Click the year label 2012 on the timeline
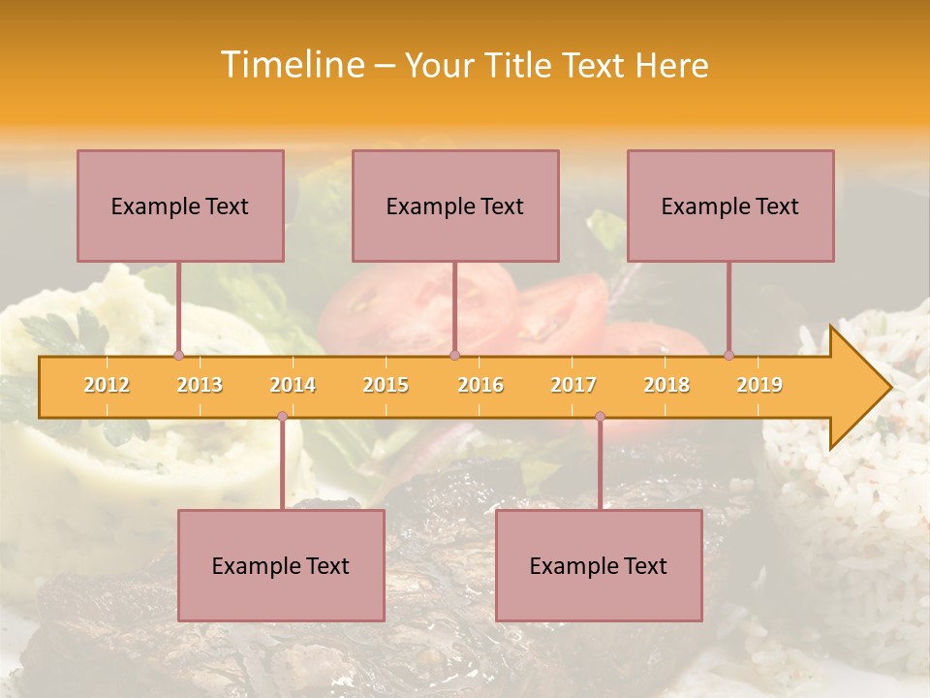click(107, 385)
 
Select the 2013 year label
click(200, 385)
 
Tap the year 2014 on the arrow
click(293, 385)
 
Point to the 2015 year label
click(386, 385)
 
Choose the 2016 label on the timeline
click(480, 385)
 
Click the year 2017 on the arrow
click(573, 385)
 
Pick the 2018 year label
click(666, 385)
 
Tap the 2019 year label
click(759, 385)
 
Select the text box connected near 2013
click(180, 206)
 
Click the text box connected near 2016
click(455, 206)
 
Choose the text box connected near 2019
click(730, 206)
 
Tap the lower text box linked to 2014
click(281, 565)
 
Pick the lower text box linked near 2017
click(599, 565)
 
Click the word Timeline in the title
click(292, 65)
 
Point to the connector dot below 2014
click(282, 416)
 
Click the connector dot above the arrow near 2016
click(454, 355)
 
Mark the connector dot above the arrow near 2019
click(728, 355)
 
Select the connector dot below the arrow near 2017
click(600, 416)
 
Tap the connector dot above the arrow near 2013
click(178, 355)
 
